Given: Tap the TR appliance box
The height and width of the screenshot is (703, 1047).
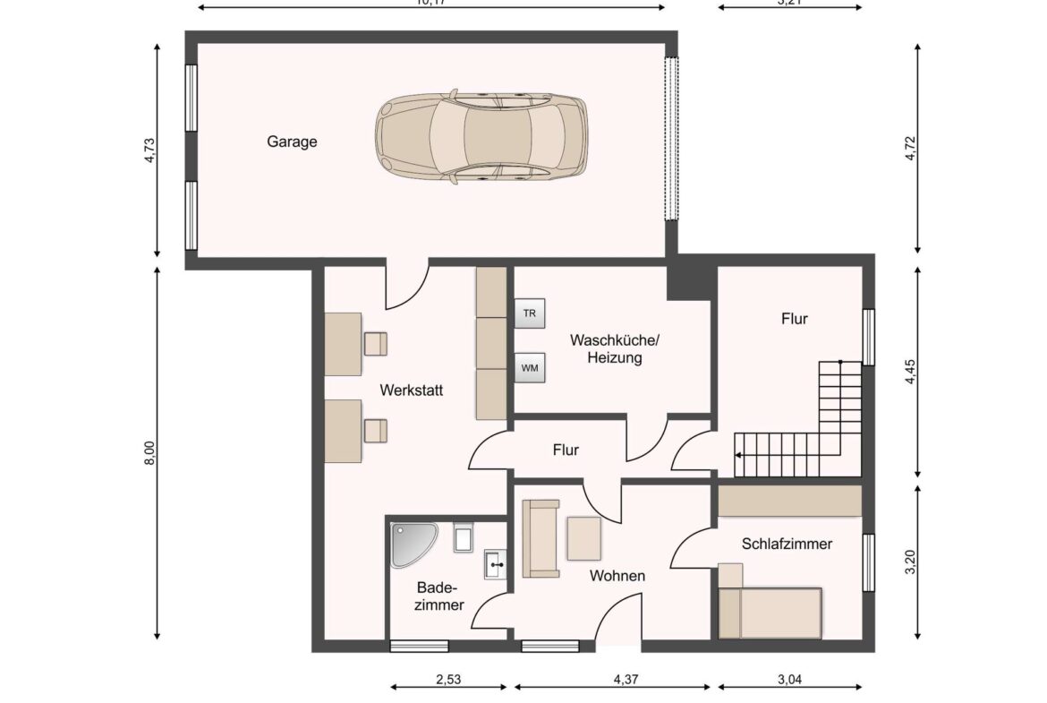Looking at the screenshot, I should click(530, 313).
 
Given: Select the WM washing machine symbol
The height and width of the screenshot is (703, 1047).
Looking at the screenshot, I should click(530, 367).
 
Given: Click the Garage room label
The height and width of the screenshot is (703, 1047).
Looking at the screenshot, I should click(292, 141).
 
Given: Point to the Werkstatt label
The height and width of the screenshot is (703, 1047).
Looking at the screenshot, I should click(412, 390).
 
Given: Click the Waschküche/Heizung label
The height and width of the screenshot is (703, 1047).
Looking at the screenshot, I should click(615, 349).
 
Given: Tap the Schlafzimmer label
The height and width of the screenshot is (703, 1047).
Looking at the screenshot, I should click(787, 544).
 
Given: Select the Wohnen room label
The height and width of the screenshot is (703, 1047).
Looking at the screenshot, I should click(617, 576).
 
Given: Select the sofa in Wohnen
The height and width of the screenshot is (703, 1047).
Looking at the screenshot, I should click(541, 538).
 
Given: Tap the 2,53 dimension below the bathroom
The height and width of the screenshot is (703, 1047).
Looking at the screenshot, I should click(448, 680).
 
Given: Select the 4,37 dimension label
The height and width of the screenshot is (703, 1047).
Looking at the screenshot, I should click(626, 680).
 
